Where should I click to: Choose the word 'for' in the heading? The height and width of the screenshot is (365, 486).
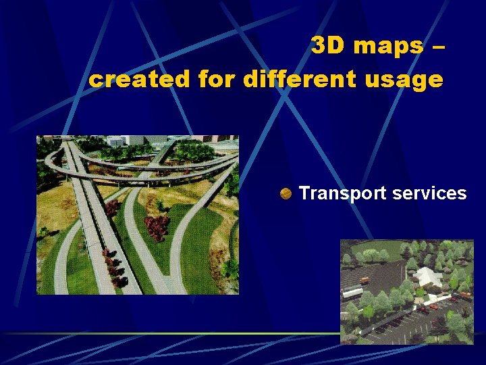click(x=215, y=79)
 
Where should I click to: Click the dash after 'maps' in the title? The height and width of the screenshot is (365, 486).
click(x=437, y=47)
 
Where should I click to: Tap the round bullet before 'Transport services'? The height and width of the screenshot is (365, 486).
click(x=286, y=194)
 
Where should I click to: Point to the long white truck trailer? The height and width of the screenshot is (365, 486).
click(x=352, y=293)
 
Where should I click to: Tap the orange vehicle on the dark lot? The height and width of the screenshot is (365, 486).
click(x=365, y=280)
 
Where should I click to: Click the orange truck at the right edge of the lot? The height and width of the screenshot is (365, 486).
click(x=466, y=296)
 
